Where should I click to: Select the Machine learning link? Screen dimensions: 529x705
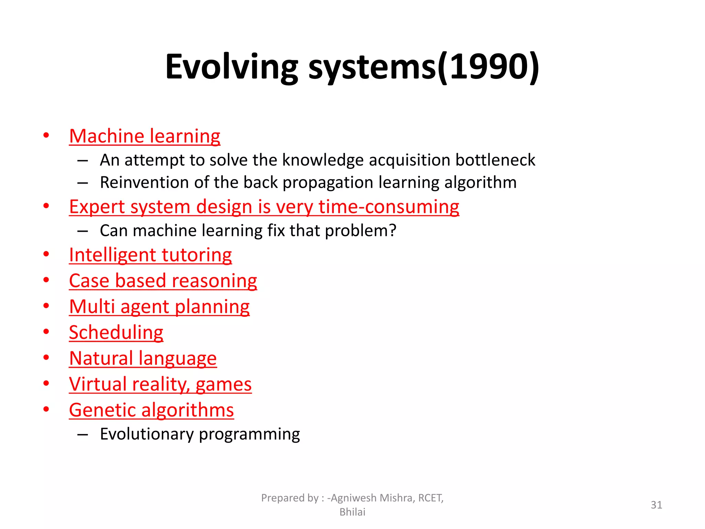coord(145,136)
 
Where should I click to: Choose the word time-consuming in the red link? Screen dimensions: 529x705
coord(389,207)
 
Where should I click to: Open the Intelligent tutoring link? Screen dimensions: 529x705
coord(150,255)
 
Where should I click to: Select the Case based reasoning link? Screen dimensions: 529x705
coord(163,281)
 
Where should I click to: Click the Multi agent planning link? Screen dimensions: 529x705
coord(159,307)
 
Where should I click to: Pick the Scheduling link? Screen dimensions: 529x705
coord(116,333)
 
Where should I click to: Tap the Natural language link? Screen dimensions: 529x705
coord(143,359)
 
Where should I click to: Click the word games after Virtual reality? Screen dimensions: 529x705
coord(223,385)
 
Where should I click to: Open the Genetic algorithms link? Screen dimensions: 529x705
coord(151,410)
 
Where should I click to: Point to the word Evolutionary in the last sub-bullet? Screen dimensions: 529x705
coord(147,434)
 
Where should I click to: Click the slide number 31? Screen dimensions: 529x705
coord(656,505)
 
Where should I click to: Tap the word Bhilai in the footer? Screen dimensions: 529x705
coord(352,512)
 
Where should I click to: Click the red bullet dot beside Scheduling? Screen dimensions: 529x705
coord(46,332)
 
